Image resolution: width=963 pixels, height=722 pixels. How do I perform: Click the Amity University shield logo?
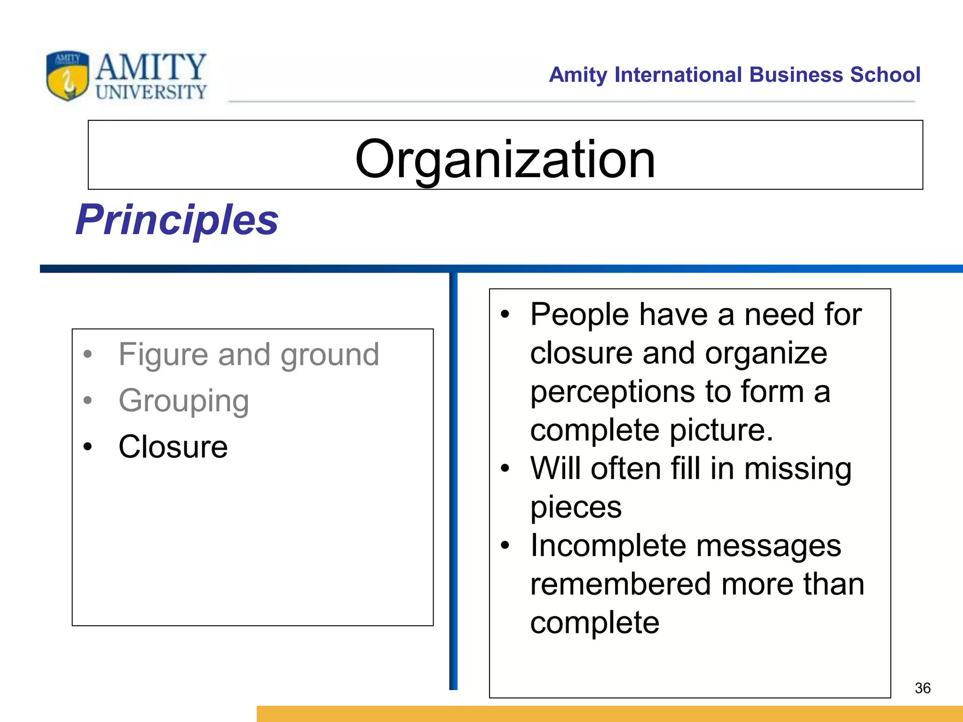click(67, 76)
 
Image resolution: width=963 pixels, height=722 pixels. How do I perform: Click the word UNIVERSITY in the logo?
click(151, 92)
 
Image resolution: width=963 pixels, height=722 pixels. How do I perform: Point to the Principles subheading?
click(177, 220)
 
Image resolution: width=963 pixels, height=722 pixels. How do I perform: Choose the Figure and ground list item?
click(248, 354)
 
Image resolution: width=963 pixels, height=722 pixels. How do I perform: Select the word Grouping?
click(183, 400)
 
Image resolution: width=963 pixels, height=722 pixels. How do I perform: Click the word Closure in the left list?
click(173, 447)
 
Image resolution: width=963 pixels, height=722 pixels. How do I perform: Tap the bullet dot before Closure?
click(87, 447)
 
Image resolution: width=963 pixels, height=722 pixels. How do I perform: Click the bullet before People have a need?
click(505, 314)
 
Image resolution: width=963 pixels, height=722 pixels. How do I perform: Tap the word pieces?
click(576, 507)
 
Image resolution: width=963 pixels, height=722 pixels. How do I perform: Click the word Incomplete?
click(609, 546)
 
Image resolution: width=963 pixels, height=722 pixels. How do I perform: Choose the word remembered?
click(620, 584)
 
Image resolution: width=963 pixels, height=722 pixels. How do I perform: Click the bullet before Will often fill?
click(505, 468)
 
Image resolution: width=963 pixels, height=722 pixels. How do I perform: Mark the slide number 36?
click(923, 688)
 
